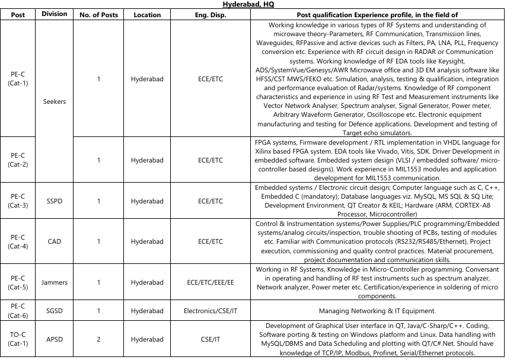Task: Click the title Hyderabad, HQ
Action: [x=253, y=4]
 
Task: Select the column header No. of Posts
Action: [x=98, y=15]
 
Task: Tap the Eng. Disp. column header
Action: [x=211, y=15]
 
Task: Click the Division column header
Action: [x=55, y=14]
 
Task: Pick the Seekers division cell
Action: [x=55, y=101]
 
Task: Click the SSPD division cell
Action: [x=55, y=201]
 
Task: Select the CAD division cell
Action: [x=55, y=241]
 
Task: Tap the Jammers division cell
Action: [x=55, y=282]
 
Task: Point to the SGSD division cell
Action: [x=55, y=311]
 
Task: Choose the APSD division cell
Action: [x=55, y=339]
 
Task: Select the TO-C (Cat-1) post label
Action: [x=18, y=339]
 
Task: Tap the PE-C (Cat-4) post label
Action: [x=18, y=241]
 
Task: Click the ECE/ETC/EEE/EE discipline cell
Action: [x=211, y=282]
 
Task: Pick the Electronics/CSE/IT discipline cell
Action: [x=211, y=311]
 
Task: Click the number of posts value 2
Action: [x=98, y=339]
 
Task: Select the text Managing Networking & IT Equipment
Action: [x=377, y=311]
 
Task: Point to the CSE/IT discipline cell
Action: [x=211, y=339]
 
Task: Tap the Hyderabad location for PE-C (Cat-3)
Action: [x=147, y=201]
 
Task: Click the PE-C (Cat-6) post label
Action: [x=18, y=311]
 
